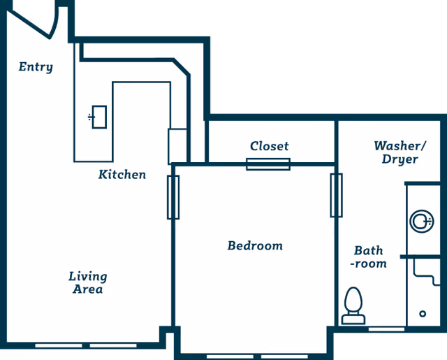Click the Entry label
coord(36,67)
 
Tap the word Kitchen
coord(122,174)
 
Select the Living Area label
coord(87,282)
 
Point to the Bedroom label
coord(255,245)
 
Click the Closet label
coord(269,146)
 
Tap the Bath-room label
coord(369,257)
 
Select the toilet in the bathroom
coord(353,305)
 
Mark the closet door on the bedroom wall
coord(268,164)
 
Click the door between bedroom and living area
coord(173,197)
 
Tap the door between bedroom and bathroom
coord(336,196)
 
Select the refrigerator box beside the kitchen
coord(178,145)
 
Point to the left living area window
coord(59,345)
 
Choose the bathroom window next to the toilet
coord(386,329)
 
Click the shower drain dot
coord(423,313)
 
